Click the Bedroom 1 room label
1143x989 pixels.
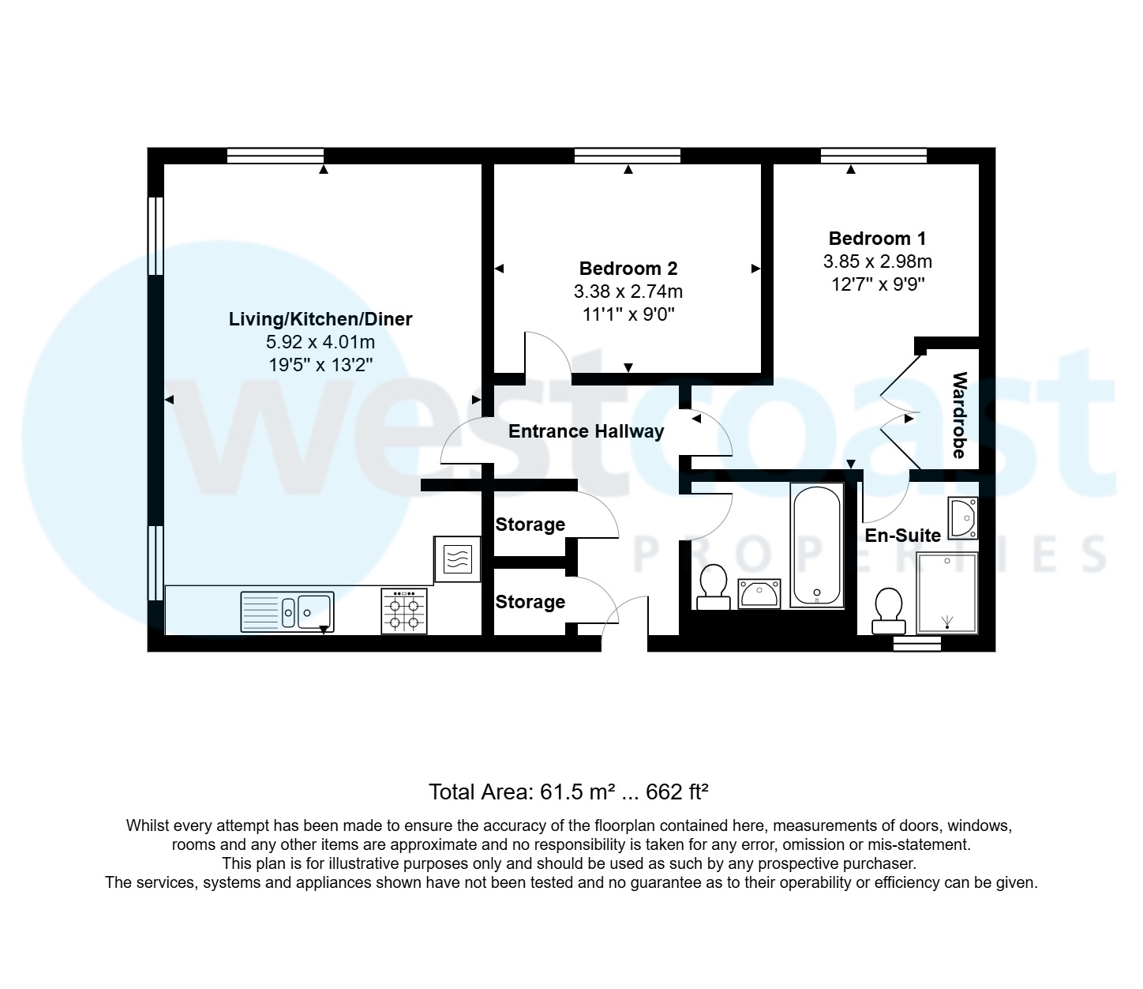[877, 239]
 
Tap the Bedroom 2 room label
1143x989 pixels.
[628, 269]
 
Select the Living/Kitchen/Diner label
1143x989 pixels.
[320, 319]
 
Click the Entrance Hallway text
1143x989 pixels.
[586, 431]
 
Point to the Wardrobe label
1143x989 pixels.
[959, 415]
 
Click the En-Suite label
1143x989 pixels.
[903, 536]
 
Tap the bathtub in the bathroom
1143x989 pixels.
[817, 545]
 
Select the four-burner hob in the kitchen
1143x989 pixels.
[403, 611]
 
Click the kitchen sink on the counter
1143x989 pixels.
[287, 611]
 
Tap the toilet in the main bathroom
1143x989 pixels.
[714, 587]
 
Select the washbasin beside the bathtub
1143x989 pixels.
[759, 592]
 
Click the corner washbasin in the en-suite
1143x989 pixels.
[963, 518]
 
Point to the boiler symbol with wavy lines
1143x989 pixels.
[457, 559]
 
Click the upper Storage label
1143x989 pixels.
[530, 525]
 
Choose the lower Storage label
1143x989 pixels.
[530, 602]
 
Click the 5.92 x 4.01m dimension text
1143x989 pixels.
[320, 343]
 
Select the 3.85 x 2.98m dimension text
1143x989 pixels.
[877, 261]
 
